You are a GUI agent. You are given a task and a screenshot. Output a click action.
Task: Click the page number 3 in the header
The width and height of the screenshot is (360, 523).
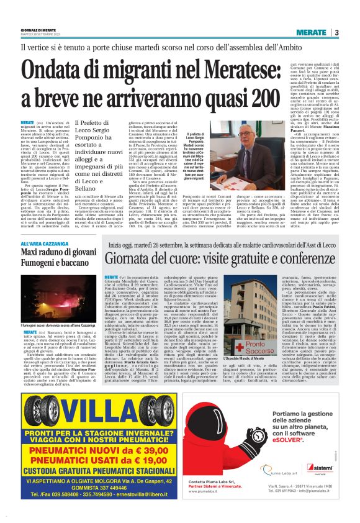coord(336,32)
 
